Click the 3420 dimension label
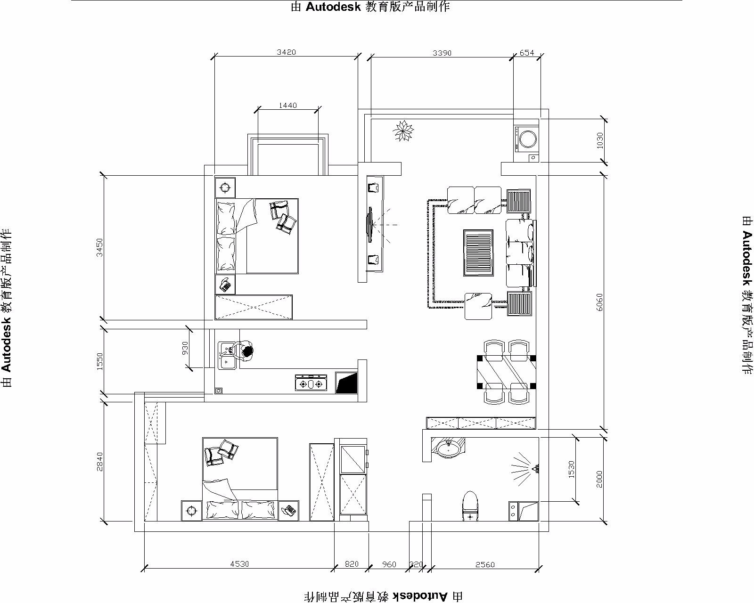[286, 52]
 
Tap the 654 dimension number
[526, 53]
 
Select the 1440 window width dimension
[287, 105]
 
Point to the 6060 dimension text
[599, 302]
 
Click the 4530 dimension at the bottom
[239, 564]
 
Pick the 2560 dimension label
[485, 564]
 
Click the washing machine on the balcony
[526, 139]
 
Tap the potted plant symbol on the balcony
[403, 130]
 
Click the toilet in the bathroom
[470, 506]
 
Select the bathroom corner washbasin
[448, 448]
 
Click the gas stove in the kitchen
[311, 382]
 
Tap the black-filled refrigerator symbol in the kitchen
[346, 383]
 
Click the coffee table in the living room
[478, 253]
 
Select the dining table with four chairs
[506, 372]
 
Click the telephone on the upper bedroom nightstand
[225, 285]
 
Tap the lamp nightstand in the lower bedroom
[192, 511]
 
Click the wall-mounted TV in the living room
[369, 225]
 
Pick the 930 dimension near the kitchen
[185, 348]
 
